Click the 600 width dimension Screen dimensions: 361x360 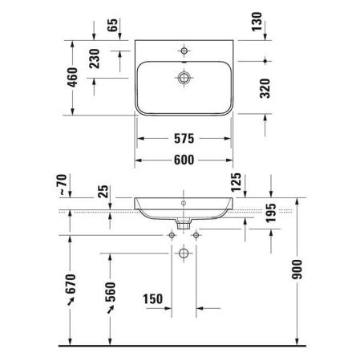(x=184, y=160)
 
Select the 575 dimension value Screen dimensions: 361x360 (x=184, y=137)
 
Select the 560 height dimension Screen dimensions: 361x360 (x=111, y=294)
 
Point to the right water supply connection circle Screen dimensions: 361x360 (x=197, y=235)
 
